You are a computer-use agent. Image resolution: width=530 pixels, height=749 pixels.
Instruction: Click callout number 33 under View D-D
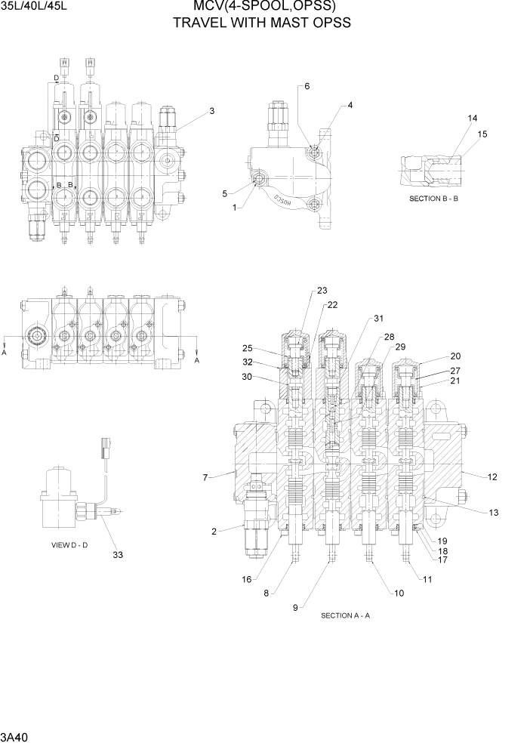click(118, 555)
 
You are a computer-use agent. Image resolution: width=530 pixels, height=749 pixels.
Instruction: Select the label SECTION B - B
click(434, 199)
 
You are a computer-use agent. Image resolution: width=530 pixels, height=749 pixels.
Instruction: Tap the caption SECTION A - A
click(345, 615)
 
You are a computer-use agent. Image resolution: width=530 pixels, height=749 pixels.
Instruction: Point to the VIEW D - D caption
click(69, 544)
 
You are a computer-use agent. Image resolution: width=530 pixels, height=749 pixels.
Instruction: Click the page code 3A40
click(15, 735)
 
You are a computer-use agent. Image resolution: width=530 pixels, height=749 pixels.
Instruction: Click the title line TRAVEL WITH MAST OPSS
click(262, 23)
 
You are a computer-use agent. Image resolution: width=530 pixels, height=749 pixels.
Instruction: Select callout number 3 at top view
click(212, 111)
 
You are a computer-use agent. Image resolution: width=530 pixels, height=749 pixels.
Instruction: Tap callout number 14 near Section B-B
click(473, 119)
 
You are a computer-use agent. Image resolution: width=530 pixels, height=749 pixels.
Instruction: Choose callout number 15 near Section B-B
click(482, 134)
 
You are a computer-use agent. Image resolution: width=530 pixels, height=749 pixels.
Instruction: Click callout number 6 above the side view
click(307, 86)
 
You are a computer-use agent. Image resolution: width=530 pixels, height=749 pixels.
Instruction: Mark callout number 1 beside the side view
click(235, 207)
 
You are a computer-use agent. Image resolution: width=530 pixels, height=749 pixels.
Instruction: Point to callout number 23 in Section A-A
click(322, 291)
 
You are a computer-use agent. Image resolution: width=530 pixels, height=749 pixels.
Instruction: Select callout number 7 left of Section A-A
click(205, 476)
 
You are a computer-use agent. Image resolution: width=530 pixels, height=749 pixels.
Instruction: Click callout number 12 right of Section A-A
click(492, 476)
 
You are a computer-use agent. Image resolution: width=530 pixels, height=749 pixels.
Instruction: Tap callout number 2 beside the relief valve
click(214, 532)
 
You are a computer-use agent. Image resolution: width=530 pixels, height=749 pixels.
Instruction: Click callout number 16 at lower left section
click(246, 579)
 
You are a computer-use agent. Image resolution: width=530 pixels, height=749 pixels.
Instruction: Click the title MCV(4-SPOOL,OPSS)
click(264, 8)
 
